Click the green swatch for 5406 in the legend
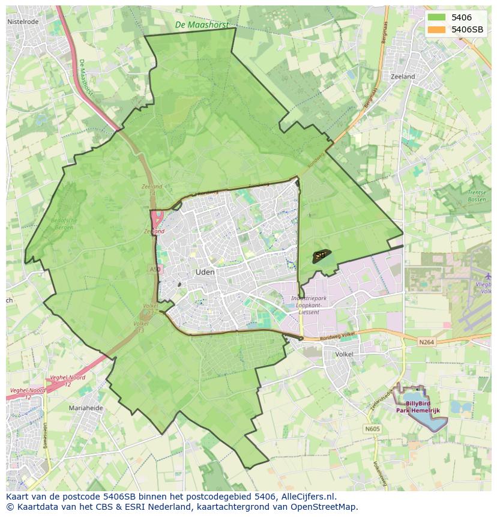pyautogui.click(x=436, y=17)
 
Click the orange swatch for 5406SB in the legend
pyautogui.click(x=436, y=29)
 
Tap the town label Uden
pyautogui.click(x=205, y=272)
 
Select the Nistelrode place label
pyautogui.click(x=23, y=22)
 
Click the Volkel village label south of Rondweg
pyautogui.click(x=344, y=354)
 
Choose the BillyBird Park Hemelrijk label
pyautogui.click(x=422, y=407)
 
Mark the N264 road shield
pyautogui.click(x=427, y=342)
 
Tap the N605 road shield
pyautogui.click(x=372, y=429)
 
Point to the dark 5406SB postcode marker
pyautogui.click(x=321, y=256)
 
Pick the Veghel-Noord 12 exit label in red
pyautogui.click(x=67, y=380)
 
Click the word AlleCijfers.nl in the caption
pyautogui.click(x=308, y=497)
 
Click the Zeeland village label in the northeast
pyautogui.click(x=402, y=77)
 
